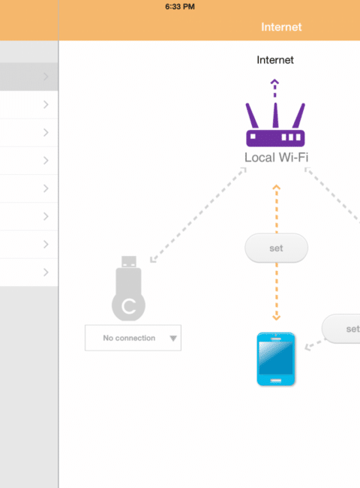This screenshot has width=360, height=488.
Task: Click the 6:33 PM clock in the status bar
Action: point(180,7)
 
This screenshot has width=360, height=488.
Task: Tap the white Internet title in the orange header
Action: point(281,27)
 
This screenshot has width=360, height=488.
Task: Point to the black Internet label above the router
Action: point(275,60)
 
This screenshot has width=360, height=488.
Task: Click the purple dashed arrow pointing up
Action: point(274,88)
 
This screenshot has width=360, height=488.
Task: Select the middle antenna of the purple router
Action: point(275,115)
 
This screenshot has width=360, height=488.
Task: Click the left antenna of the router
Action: point(252,116)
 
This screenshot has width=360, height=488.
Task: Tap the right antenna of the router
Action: point(298,116)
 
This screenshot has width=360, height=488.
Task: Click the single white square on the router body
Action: point(253,137)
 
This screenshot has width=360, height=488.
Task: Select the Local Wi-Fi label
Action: point(276,158)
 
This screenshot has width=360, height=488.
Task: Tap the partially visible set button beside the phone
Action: point(341,329)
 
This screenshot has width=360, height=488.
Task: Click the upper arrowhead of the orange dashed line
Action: point(276,188)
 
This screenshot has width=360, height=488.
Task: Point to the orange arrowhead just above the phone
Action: point(276,318)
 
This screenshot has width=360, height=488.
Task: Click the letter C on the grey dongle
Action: point(129,306)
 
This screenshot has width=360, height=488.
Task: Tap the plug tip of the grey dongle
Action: point(129,262)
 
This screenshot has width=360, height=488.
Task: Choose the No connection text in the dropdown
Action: point(129,338)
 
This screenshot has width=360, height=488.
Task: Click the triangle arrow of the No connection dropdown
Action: point(173,339)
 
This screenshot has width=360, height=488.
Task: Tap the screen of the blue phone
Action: point(276,358)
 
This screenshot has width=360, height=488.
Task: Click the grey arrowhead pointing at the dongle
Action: point(153,259)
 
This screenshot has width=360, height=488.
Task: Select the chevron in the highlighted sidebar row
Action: point(46,77)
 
